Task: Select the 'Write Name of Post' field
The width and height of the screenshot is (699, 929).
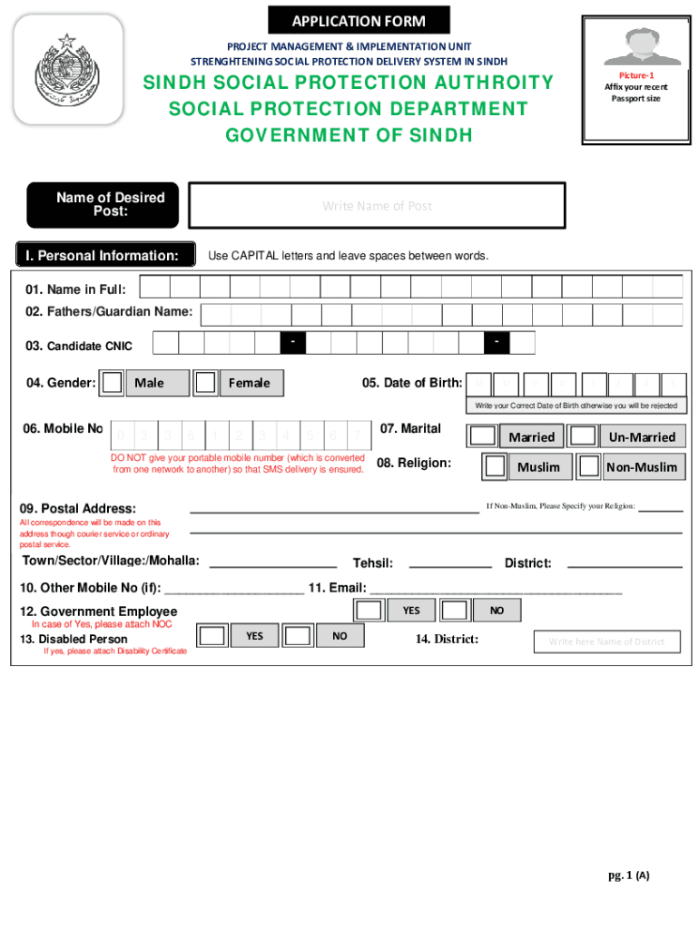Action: click(376, 206)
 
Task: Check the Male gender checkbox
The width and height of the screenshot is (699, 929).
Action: click(112, 383)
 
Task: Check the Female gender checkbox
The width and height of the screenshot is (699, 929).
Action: click(206, 383)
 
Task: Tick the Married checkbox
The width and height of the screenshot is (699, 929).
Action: click(482, 436)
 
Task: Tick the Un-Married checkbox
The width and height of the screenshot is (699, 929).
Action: click(583, 436)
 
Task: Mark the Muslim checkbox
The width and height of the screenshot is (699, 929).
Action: click(495, 466)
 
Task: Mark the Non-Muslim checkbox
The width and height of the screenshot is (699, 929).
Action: click(590, 466)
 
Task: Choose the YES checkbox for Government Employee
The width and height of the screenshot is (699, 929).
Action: click(369, 611)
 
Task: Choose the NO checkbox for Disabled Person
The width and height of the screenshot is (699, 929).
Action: click(297, 636)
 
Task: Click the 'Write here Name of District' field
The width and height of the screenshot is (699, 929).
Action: click(606, 641)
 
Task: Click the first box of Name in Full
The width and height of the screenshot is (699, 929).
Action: click(155, 287)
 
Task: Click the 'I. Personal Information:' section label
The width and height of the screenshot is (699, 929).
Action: click(106, 256)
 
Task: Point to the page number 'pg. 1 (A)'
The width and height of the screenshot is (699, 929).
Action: click(629, 875)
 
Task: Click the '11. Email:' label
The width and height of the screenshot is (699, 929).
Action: click(337, 588)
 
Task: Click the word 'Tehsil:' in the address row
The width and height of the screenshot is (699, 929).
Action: click(372, 563)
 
